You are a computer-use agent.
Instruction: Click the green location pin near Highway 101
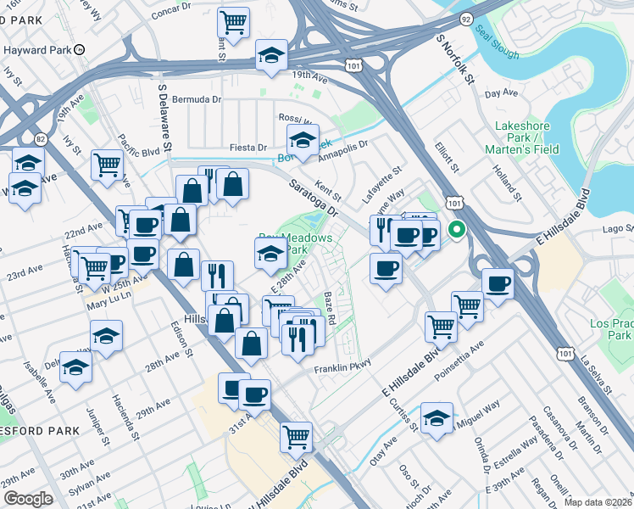click(456, 229)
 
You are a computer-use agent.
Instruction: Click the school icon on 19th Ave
click(272, 56)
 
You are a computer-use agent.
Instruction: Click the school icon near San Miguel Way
click(437, 418)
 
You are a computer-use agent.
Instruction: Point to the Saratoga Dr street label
click(314, 197)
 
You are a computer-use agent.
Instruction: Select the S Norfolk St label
click(453, 52)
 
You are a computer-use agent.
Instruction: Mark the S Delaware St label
click(166, 118)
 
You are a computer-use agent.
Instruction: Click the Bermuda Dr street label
click(196, 99)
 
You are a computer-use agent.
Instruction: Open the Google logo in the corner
click(27, 499)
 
